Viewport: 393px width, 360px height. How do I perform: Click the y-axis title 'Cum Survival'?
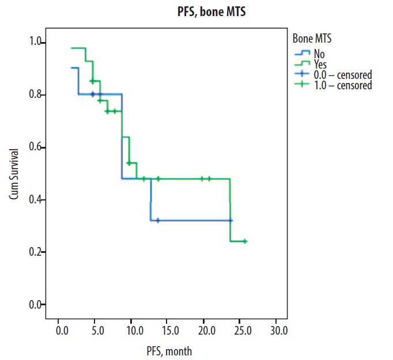coord(13,174)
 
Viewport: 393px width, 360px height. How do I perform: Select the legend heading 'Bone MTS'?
coord(311,39)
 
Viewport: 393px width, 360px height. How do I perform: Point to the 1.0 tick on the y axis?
coord(36,42)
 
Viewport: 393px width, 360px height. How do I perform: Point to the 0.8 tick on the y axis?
coord(36,94)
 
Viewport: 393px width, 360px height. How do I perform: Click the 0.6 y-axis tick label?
coord(36,147)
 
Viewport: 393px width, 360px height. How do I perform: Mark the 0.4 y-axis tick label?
coord(36,200)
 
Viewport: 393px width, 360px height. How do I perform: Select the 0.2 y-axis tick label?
coord(36,252)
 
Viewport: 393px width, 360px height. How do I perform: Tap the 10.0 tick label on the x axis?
coord(133,331)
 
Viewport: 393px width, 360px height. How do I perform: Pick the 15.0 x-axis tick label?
coord(169,331)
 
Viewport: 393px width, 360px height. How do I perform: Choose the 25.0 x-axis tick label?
coord(242,331)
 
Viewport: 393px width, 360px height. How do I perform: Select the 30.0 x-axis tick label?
coord(278,331)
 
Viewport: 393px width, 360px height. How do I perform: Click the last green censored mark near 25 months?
coord(245,241)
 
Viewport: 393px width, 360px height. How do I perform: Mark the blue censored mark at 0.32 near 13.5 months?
coord(158,220)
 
